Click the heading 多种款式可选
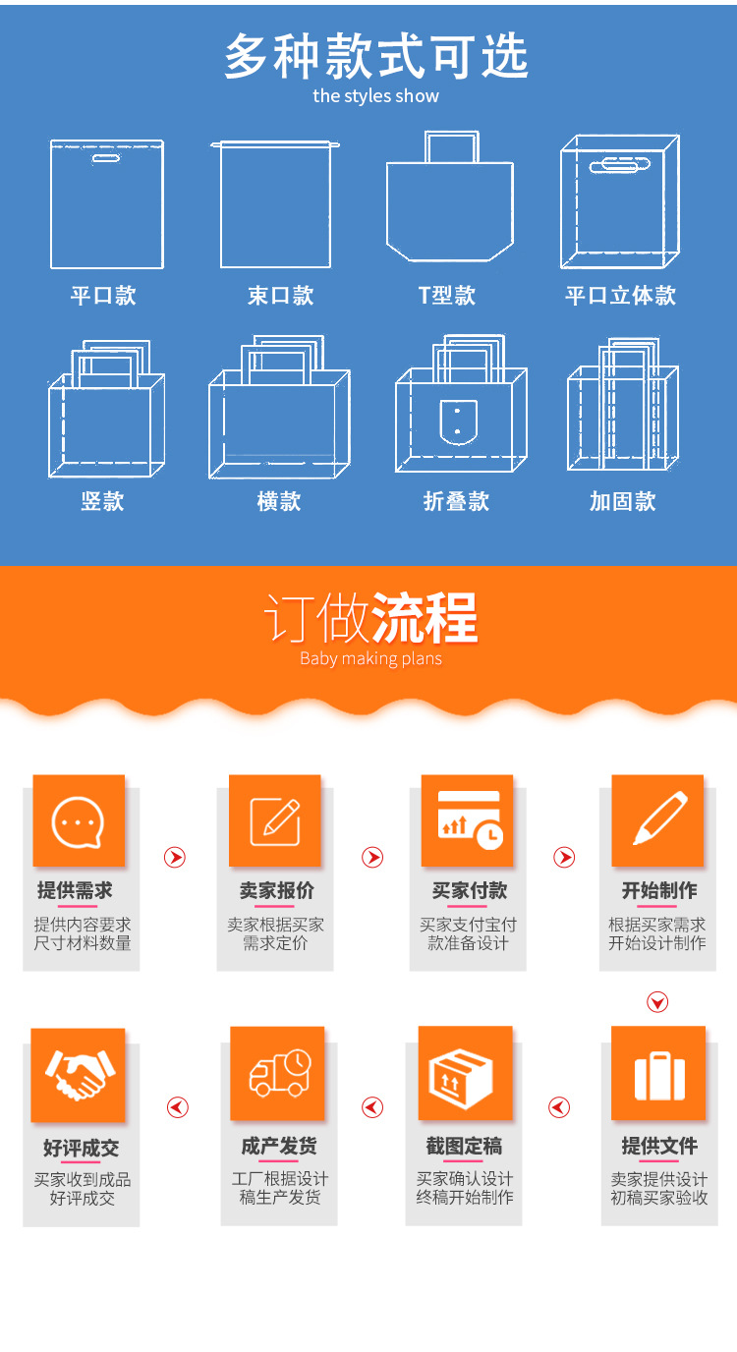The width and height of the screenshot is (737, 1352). point(375,56)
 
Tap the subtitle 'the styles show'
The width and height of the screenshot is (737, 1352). point(375,96)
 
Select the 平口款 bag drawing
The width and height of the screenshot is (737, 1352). point(106,204)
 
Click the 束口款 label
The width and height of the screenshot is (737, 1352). point(280,296)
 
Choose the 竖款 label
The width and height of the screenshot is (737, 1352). point(102,501)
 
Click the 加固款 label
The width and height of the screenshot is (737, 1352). point(622,501)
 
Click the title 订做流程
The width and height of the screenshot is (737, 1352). point(370,619)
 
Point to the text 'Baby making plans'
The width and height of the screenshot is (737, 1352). point(370,658)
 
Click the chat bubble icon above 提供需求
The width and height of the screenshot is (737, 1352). point(79,821)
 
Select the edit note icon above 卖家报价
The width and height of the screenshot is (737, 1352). point(274,821)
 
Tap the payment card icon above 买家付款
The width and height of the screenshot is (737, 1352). point(468,820)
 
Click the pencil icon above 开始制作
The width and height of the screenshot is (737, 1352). point(657,820)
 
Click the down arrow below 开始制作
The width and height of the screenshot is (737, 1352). point(657,1002)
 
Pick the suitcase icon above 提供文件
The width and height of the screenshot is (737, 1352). point(658,1075)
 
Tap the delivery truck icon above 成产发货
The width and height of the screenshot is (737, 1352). point(278,1073)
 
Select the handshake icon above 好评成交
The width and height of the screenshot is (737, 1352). point(78,1075)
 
